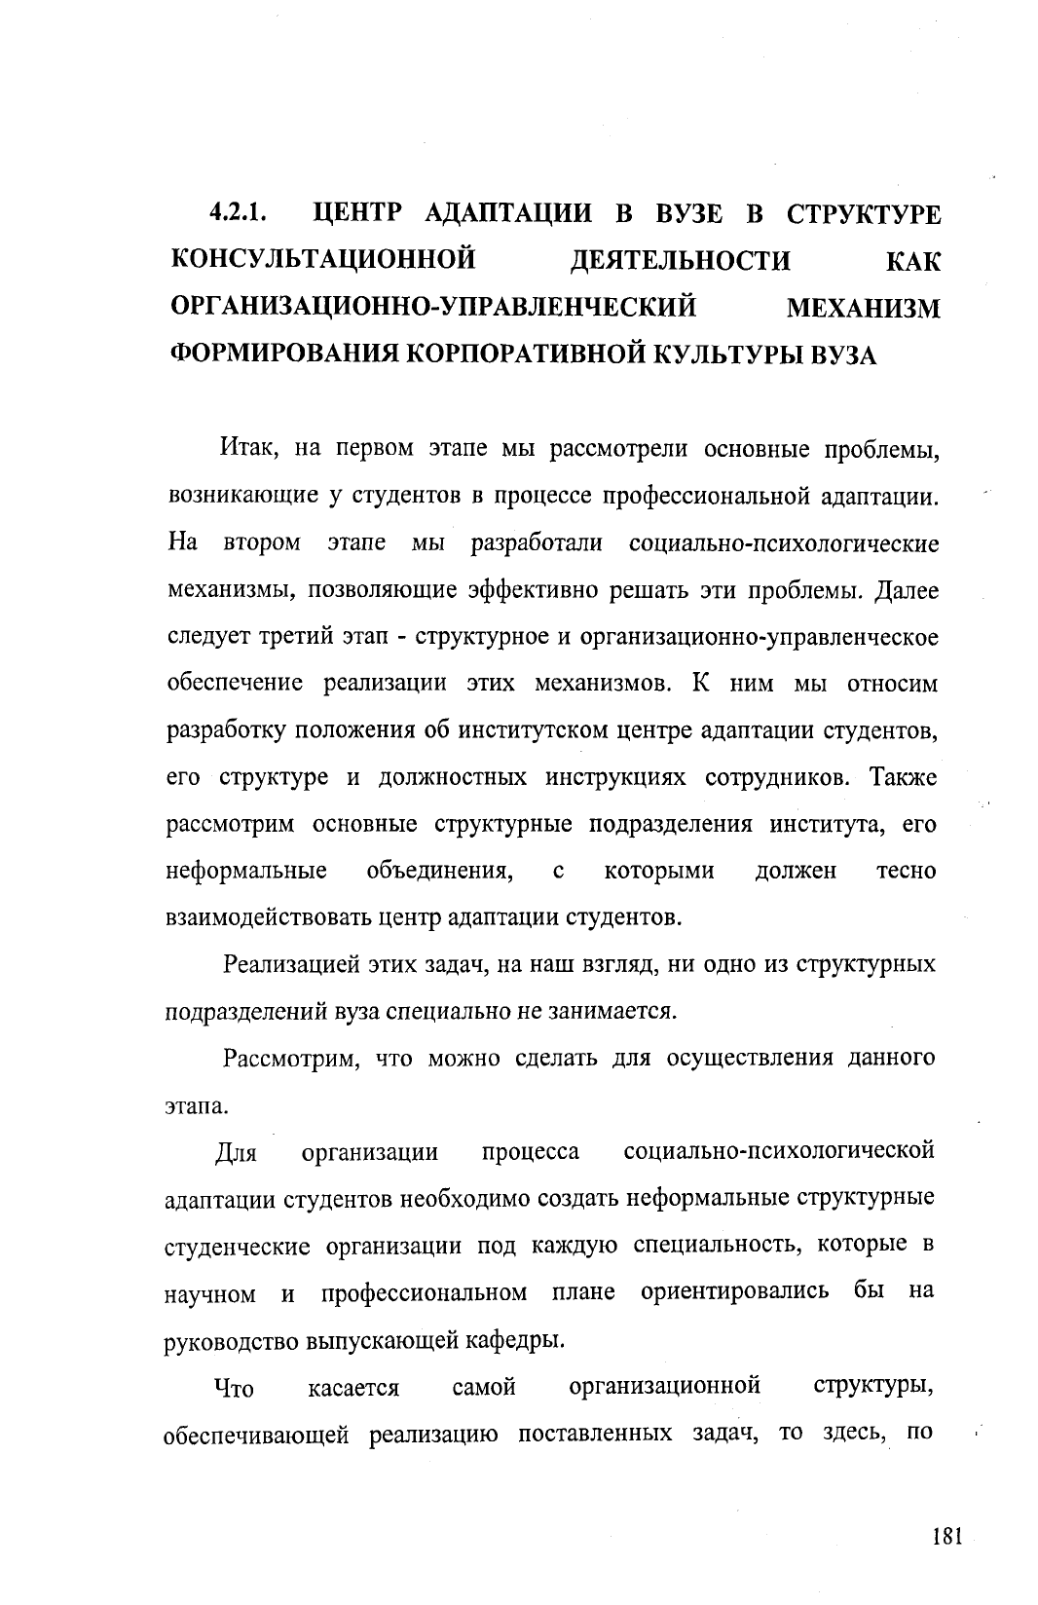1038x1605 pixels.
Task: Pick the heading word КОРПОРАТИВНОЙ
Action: pos(526,355)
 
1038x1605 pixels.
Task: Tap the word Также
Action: pos(903,778)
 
